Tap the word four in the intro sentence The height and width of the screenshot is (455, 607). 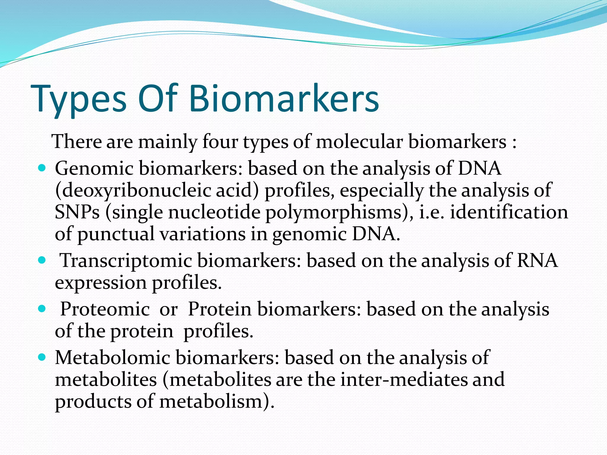(x=220, y=142)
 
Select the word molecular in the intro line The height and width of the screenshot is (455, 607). (x=359, y=142)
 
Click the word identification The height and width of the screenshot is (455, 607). (x=509, y=212)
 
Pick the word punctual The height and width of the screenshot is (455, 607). (x=116, y=234)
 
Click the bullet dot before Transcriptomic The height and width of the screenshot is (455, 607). (x=42, y=260)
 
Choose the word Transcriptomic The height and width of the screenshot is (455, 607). (x=126, y=261)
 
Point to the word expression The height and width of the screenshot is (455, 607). (x=101, y=283)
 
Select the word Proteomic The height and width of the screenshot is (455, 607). (x=105, y=309)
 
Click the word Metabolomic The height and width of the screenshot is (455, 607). (x=112, y=358)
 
